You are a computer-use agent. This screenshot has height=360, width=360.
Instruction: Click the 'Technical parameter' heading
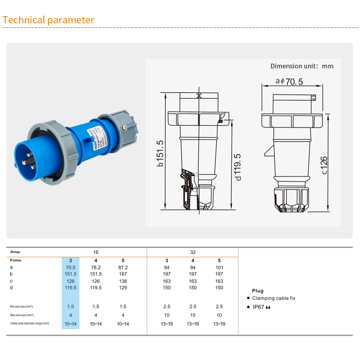(x=48, y=20)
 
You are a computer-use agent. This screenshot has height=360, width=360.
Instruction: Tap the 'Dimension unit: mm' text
(x=302, y=66)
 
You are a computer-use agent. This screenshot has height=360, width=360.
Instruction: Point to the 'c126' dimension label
(x=324, y=165)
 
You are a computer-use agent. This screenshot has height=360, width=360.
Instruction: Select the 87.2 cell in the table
(x=123, y=268)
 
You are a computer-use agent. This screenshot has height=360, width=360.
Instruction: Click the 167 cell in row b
(x=123, y=274)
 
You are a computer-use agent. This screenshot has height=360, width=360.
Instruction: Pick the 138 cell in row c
(x=123, y=281)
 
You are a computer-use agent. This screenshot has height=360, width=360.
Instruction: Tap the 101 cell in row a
(x=219, y=268)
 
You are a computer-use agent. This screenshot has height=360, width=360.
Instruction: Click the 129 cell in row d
(x=123, y=288)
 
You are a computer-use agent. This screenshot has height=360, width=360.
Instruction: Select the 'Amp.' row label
(x=16, y=252)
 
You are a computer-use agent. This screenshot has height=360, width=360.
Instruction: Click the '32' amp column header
(x=193, y=252)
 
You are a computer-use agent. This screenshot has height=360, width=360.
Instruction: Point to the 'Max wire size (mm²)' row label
(x=22, y=315)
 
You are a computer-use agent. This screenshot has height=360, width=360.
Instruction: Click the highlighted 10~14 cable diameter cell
(x=70, y=324)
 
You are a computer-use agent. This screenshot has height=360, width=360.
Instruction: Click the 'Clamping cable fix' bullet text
(x=274, y=298)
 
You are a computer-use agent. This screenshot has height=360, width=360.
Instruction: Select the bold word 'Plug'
(x=258, y=291)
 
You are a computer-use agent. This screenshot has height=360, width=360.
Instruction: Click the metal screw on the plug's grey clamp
(x=124, y=127)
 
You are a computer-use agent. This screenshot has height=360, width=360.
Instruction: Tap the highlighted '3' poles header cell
(x=70, y=260)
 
